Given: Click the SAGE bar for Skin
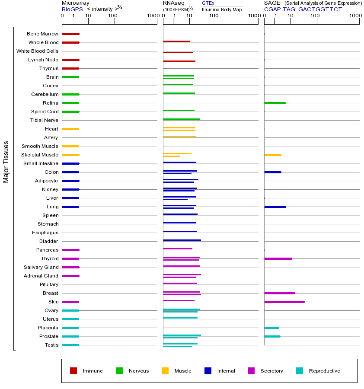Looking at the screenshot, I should point(284,302).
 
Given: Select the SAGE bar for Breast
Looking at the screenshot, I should point(279,293).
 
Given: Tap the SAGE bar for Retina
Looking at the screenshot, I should point(275,103).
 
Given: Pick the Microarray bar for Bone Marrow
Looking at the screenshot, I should point(70,34).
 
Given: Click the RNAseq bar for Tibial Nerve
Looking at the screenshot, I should point(182,119).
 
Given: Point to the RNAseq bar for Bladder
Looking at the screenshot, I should point(182,240).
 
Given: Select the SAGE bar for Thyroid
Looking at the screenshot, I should point(278,258).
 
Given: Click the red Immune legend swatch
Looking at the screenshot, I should point(73,371).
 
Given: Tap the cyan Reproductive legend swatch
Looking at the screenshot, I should point(300,371).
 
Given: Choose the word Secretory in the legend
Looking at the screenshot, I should point(272,371).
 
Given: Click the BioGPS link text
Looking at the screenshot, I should point(71,9).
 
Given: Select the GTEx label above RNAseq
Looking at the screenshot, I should point(208,3).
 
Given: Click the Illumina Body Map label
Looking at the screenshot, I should point(222,9).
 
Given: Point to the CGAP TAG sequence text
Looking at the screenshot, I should point(303,9).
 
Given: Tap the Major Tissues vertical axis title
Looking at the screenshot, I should point(6,162).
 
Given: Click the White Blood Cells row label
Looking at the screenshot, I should point(37,51).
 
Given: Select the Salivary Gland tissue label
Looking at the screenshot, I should point(41,267).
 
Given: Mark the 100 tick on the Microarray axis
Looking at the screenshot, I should point(113,16).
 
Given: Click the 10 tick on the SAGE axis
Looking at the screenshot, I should point(291,16).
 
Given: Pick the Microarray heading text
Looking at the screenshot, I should point(75,3).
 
